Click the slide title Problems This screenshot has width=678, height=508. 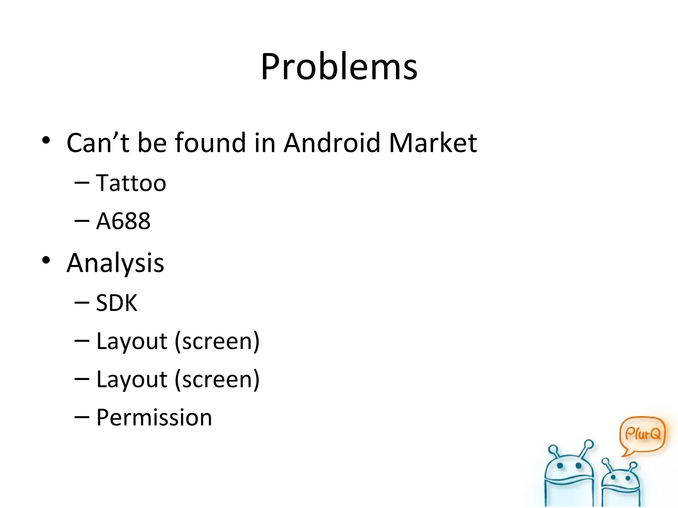[339, 67]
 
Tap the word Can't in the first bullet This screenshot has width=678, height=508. [98, 143]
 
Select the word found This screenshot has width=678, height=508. [210, 143]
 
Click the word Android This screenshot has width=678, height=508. [332, 143]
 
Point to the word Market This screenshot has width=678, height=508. [433, 143]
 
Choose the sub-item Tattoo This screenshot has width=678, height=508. [131, 183]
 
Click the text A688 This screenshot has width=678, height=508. [123, 221]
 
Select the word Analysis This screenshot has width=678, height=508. [115, 263]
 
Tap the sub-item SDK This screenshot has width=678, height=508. [117, 303]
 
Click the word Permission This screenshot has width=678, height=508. [154, 417]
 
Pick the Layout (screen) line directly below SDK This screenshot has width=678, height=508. [178, 341]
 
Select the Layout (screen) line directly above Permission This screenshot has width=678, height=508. [178, 379]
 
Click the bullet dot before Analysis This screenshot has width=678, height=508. [46, 260]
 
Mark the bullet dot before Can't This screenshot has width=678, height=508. [46, 140]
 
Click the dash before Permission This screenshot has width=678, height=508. [82, 417]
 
